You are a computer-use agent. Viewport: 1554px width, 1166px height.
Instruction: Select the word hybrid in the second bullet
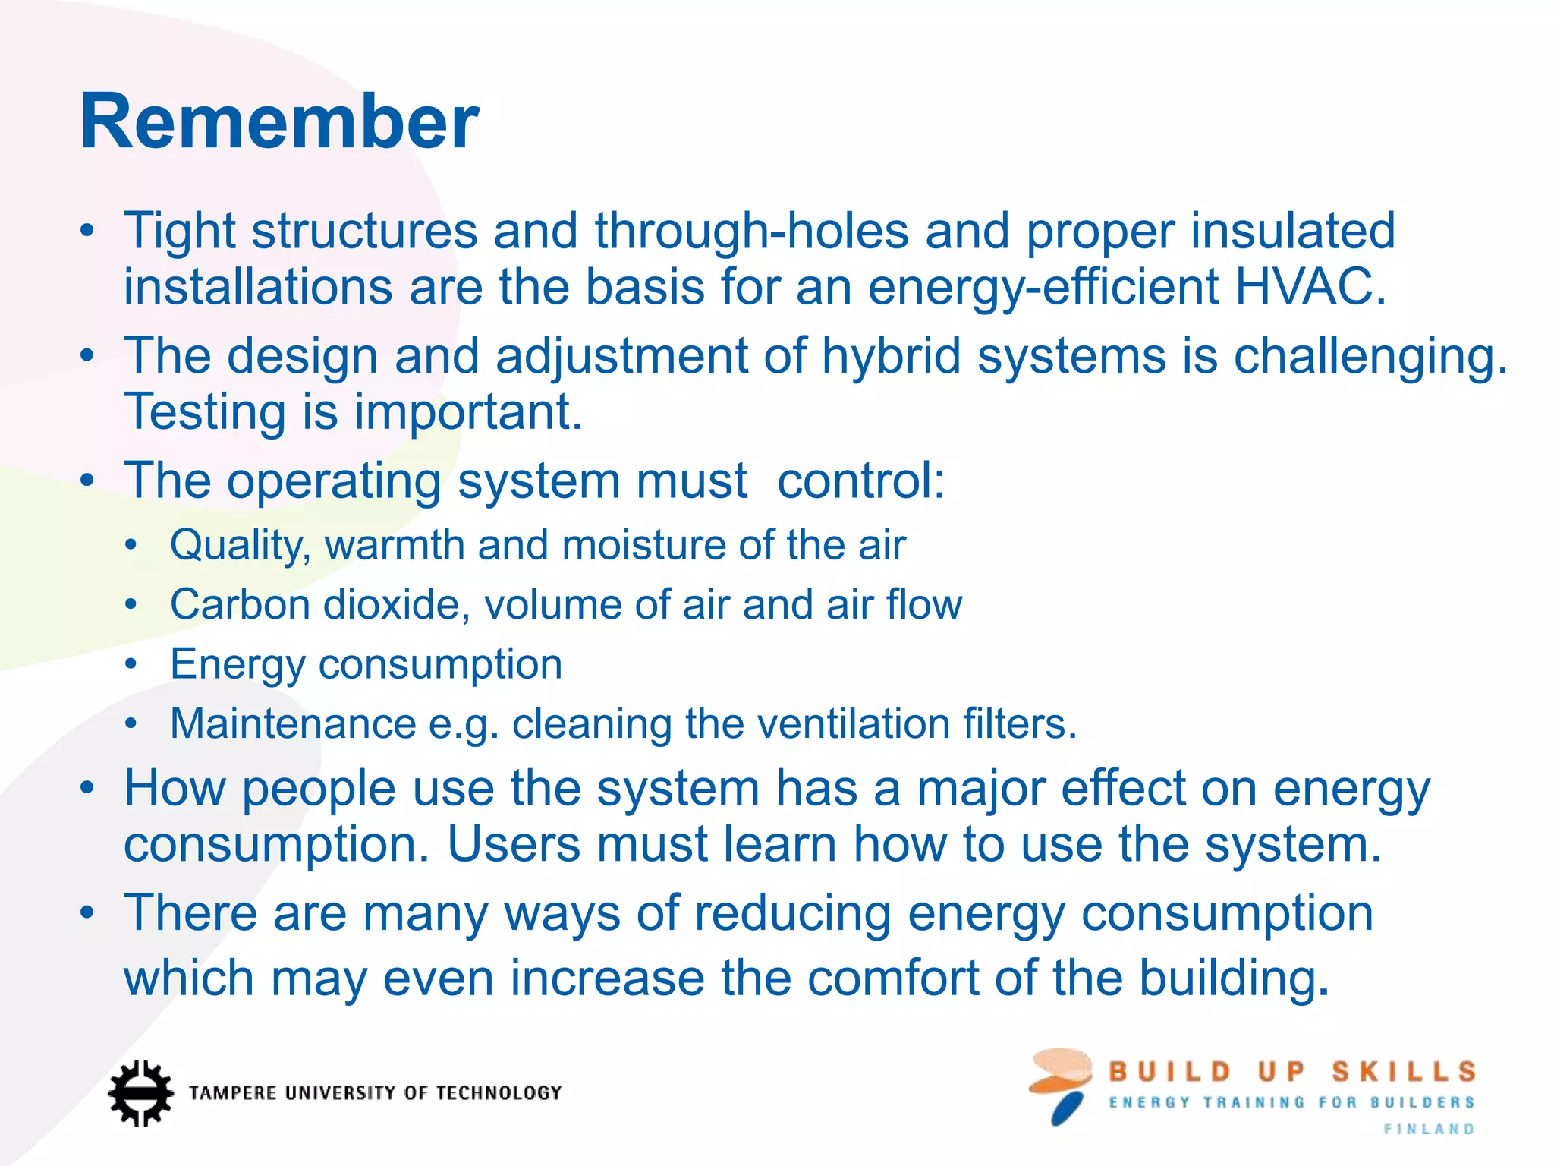coord(892,356)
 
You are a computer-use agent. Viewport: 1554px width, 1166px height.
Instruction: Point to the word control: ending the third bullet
coord(861,481)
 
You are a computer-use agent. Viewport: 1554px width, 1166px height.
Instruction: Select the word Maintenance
coord(293,723)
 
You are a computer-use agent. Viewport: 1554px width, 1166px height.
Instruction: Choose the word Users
coord(514,844)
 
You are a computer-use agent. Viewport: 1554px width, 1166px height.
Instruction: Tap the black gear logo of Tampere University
coord(140,1093)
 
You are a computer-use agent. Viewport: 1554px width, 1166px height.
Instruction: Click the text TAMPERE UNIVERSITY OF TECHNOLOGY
coord(376,1093)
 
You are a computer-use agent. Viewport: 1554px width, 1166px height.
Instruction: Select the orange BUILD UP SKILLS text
coord(1291,1072)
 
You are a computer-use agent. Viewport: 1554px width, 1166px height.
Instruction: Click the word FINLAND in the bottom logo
coord(1429,1130)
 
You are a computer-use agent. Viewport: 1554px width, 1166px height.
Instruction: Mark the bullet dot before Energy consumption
coord(131,664)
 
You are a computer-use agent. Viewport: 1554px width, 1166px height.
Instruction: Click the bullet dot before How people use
coord(88,787)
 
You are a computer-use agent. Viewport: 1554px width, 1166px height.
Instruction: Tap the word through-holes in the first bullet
coord(751,231)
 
